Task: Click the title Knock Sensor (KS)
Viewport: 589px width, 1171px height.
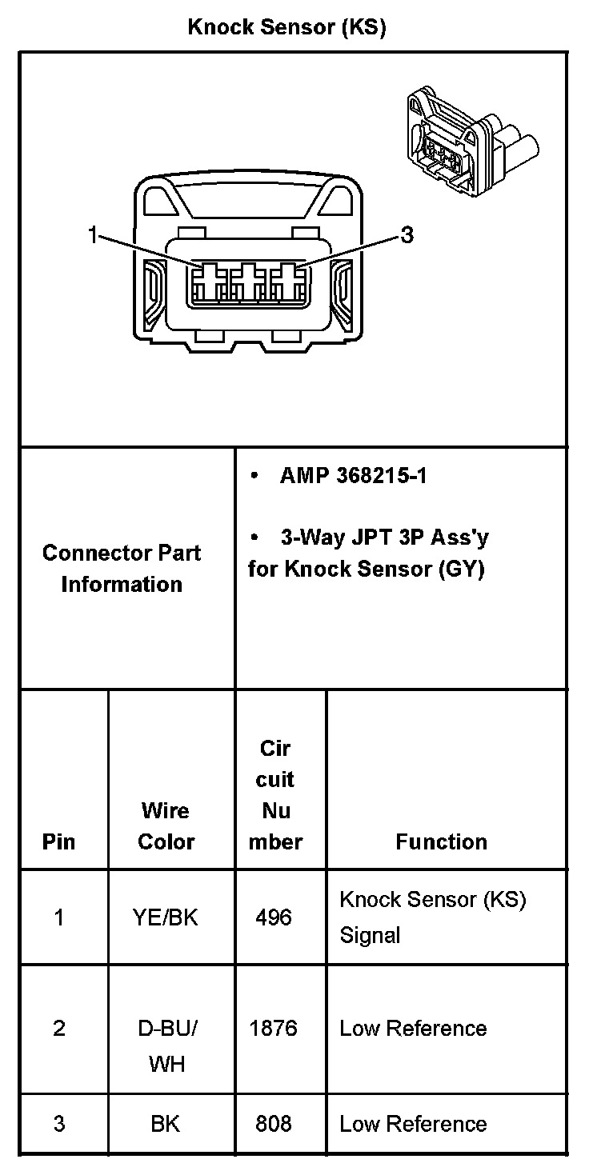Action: coord(286,27)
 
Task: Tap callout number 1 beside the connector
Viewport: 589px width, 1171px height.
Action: coord(93,234)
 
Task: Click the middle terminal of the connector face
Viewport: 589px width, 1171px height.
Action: coord(247,282)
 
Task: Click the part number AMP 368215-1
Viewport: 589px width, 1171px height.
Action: coord(353,476)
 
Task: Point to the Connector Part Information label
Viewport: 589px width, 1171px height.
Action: coord(122,568)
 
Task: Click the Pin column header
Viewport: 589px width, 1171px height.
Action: coord(59,841)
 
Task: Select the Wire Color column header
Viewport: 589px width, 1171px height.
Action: coord(166,825)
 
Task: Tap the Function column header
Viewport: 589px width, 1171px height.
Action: coord(441,841)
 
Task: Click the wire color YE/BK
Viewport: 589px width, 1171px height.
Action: coord(166,917)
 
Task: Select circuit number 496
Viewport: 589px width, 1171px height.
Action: coord(274,917)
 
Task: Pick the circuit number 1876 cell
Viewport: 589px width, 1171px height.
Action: coord(274,1028)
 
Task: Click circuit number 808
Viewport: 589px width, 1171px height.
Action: coord(274,1124)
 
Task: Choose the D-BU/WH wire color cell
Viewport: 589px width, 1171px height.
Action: coord(166,1045)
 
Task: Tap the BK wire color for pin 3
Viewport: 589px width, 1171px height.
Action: coord(166,1124)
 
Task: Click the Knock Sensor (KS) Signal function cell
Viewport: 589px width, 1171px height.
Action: coord(432,917)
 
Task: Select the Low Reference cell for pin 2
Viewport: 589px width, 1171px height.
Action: coord(413,1028)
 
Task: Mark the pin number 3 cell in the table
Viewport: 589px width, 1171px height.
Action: coord(59,1124)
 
